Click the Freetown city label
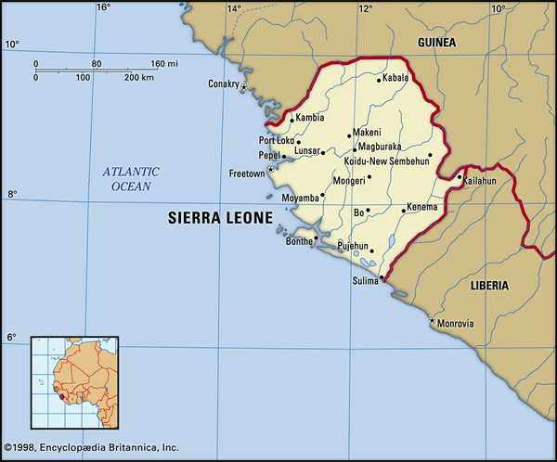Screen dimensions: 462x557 tap(246, 173)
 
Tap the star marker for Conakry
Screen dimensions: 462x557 tap(244, 87)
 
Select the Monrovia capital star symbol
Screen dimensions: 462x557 tap(432, 321)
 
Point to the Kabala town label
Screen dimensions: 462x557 tap(394, 79)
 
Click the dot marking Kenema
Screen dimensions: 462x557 tap(402, 211)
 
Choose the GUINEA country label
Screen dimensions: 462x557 tap(437, 43)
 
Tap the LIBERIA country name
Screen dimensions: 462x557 tap(488, 286)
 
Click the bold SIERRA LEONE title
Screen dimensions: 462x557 tap(220, 219)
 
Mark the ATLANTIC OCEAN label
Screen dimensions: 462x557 tap(130, 179)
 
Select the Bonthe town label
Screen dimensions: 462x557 tap(299, 240)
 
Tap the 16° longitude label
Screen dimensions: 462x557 tap(102, 7)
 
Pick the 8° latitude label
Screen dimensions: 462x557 tap(11, 195)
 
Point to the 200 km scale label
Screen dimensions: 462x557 tap(139, 77)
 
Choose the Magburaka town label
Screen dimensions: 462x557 tap(379, 147)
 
